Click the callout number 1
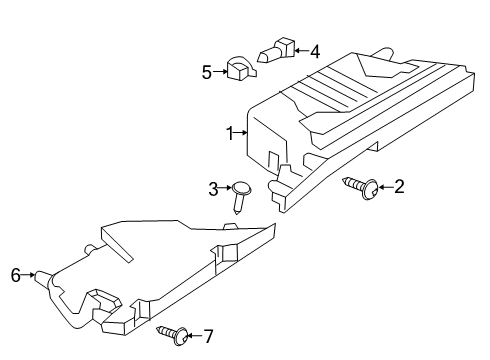(x=229, y=132)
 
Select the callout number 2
(x=399, y=186)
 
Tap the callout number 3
(x=213, y=188)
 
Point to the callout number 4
(x=314, y=51)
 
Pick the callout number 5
(x=207, y=72)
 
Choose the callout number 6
(x=15, y=273)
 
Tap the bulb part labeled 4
(x=278, y=49)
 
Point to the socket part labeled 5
(x=240, y=69)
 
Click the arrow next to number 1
(x=240, y=132)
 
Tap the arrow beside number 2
(x=385, y=186)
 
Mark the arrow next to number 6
(x=28, y=273)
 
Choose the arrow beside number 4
(x=302, y=51)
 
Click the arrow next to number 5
(x=219, y=72)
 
